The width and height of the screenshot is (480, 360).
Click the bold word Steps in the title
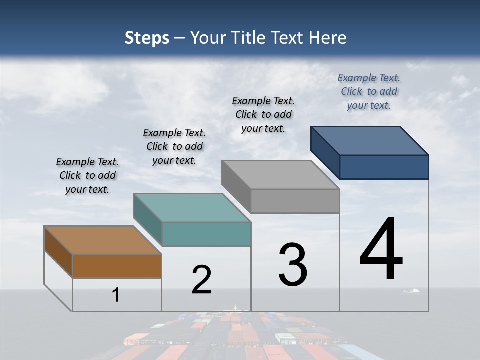[146, 38]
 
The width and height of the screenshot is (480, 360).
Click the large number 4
[381, 250]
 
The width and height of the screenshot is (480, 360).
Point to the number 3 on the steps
[293, 265]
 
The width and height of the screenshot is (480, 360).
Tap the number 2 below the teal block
[202, 280]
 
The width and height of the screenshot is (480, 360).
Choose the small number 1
[116, 295]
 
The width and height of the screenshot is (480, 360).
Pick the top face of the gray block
[280, 175]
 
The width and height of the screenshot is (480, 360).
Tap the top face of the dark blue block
[369, 140]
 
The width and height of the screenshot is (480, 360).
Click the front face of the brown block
[117, 266]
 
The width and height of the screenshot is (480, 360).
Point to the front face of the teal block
[206, 234]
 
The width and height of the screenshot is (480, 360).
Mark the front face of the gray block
[295, 201]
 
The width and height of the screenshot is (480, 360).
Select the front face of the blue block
[384, 167]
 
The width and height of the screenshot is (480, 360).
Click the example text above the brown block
[87, 175]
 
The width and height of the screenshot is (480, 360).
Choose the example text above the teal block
[174, 146]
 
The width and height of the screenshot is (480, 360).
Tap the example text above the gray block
[263, 114]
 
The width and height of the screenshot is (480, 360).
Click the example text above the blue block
[369, 91]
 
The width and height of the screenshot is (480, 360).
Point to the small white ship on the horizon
[411, 290]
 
